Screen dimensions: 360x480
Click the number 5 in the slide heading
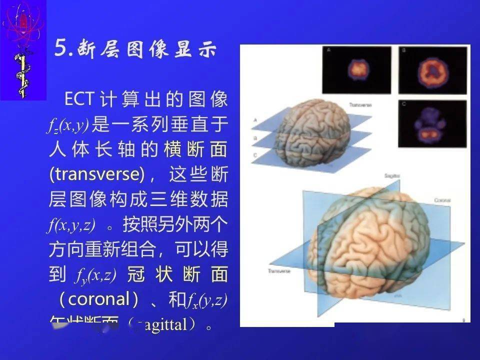(61, 49)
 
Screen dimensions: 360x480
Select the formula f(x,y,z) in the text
(72, 224)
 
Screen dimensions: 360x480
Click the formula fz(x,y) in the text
(68, 125)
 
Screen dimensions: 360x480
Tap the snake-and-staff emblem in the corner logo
(21, 75)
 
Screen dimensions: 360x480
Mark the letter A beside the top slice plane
(255, 120)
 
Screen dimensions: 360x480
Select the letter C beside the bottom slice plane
(255, 156)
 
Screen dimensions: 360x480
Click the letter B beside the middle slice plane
(255, 137)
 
